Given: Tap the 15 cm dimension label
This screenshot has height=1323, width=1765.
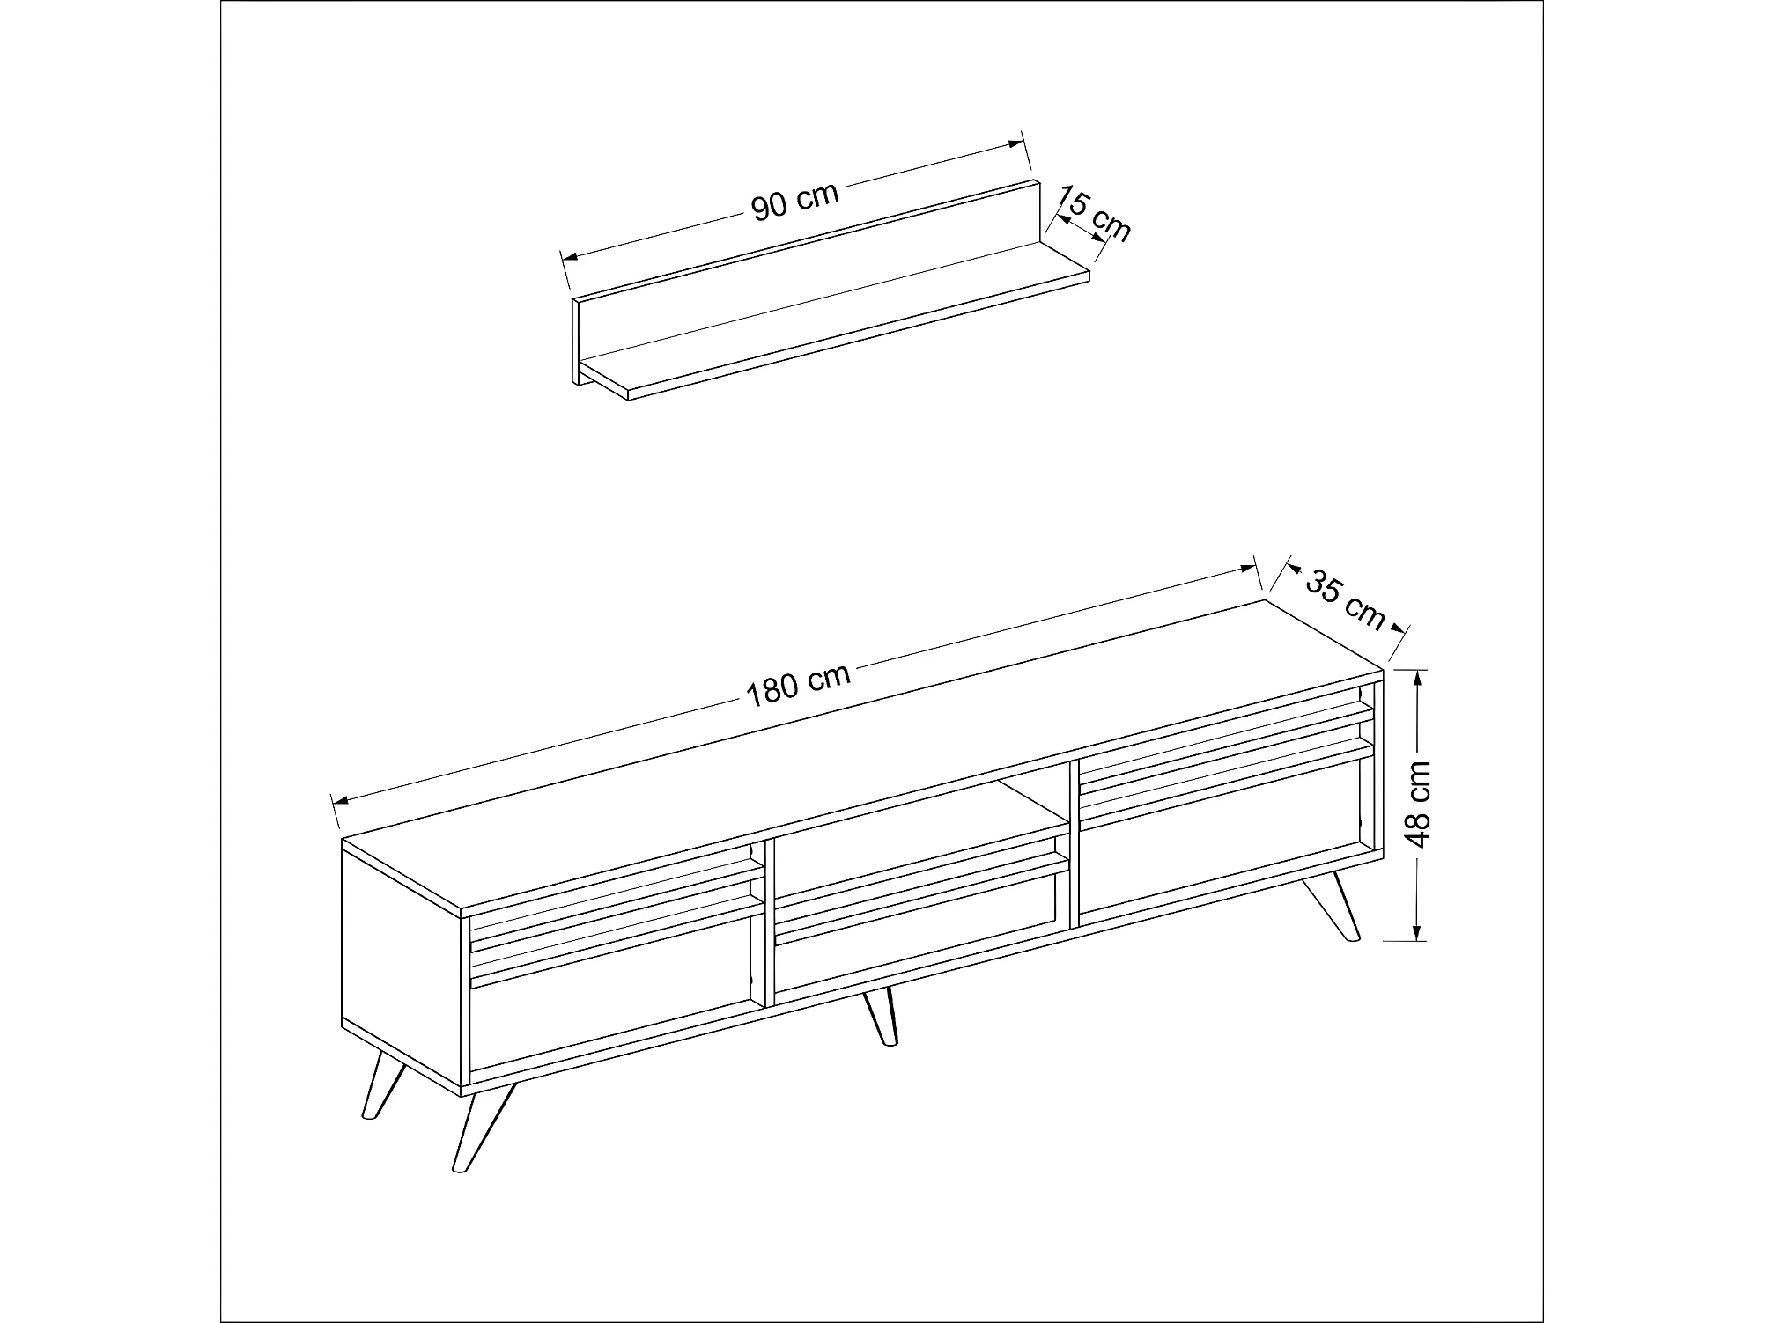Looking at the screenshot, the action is [x=1093, y=214].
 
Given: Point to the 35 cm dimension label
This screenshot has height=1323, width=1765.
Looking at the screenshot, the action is [x=1344, y=599].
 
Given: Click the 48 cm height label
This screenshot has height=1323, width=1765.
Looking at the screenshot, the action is [x=1419, y=804].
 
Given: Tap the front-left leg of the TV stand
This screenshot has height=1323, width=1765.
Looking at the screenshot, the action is [x=482, y=1127].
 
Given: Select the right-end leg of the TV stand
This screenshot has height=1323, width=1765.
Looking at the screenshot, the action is [x=1331, y=908].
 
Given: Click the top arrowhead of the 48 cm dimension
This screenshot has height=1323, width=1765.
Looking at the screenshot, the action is [x=1417, y=680].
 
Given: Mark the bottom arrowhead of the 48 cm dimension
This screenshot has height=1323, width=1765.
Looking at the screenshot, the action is [x=1417, y=930].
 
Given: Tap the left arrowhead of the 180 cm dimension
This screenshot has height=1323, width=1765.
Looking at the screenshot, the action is [x=342, y=799].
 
